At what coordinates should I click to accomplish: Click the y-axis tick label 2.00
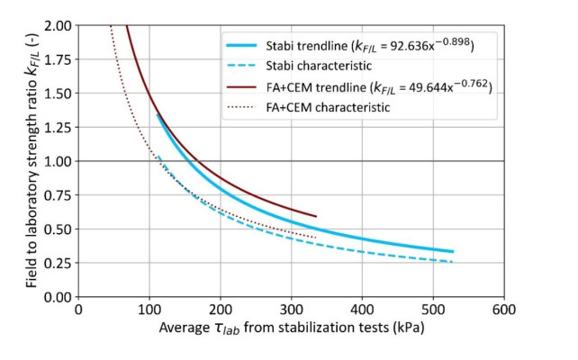60,25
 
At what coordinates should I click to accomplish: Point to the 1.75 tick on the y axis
60,59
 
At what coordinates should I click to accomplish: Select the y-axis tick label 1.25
60,127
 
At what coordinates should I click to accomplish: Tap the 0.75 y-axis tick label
60,195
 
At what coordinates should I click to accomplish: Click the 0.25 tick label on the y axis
60,263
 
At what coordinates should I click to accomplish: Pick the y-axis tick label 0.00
60,297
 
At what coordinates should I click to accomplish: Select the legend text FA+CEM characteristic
333,107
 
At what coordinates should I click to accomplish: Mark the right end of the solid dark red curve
316,216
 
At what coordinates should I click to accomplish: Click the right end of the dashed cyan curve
453,262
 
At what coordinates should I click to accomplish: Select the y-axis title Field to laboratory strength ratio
32,162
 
